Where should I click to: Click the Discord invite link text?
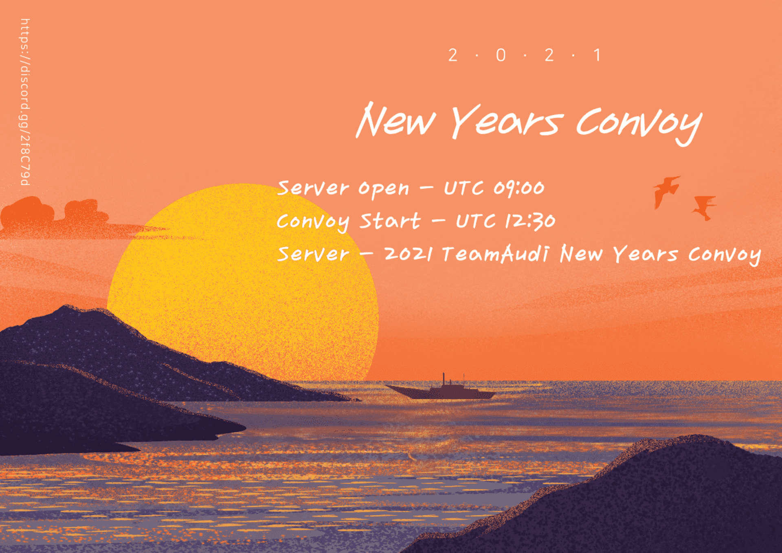point(25,102)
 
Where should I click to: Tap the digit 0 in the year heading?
point(501,55)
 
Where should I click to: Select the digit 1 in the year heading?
point(597,55)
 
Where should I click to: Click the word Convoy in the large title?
point(639,123)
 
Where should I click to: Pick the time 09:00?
point(519,188)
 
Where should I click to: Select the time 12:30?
point(530,221)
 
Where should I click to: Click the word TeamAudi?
point(495,254)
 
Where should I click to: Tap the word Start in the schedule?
point(390,221)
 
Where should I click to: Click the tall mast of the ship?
point(444,379)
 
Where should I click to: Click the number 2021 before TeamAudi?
point(408,254)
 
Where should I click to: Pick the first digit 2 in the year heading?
point(453,55)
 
